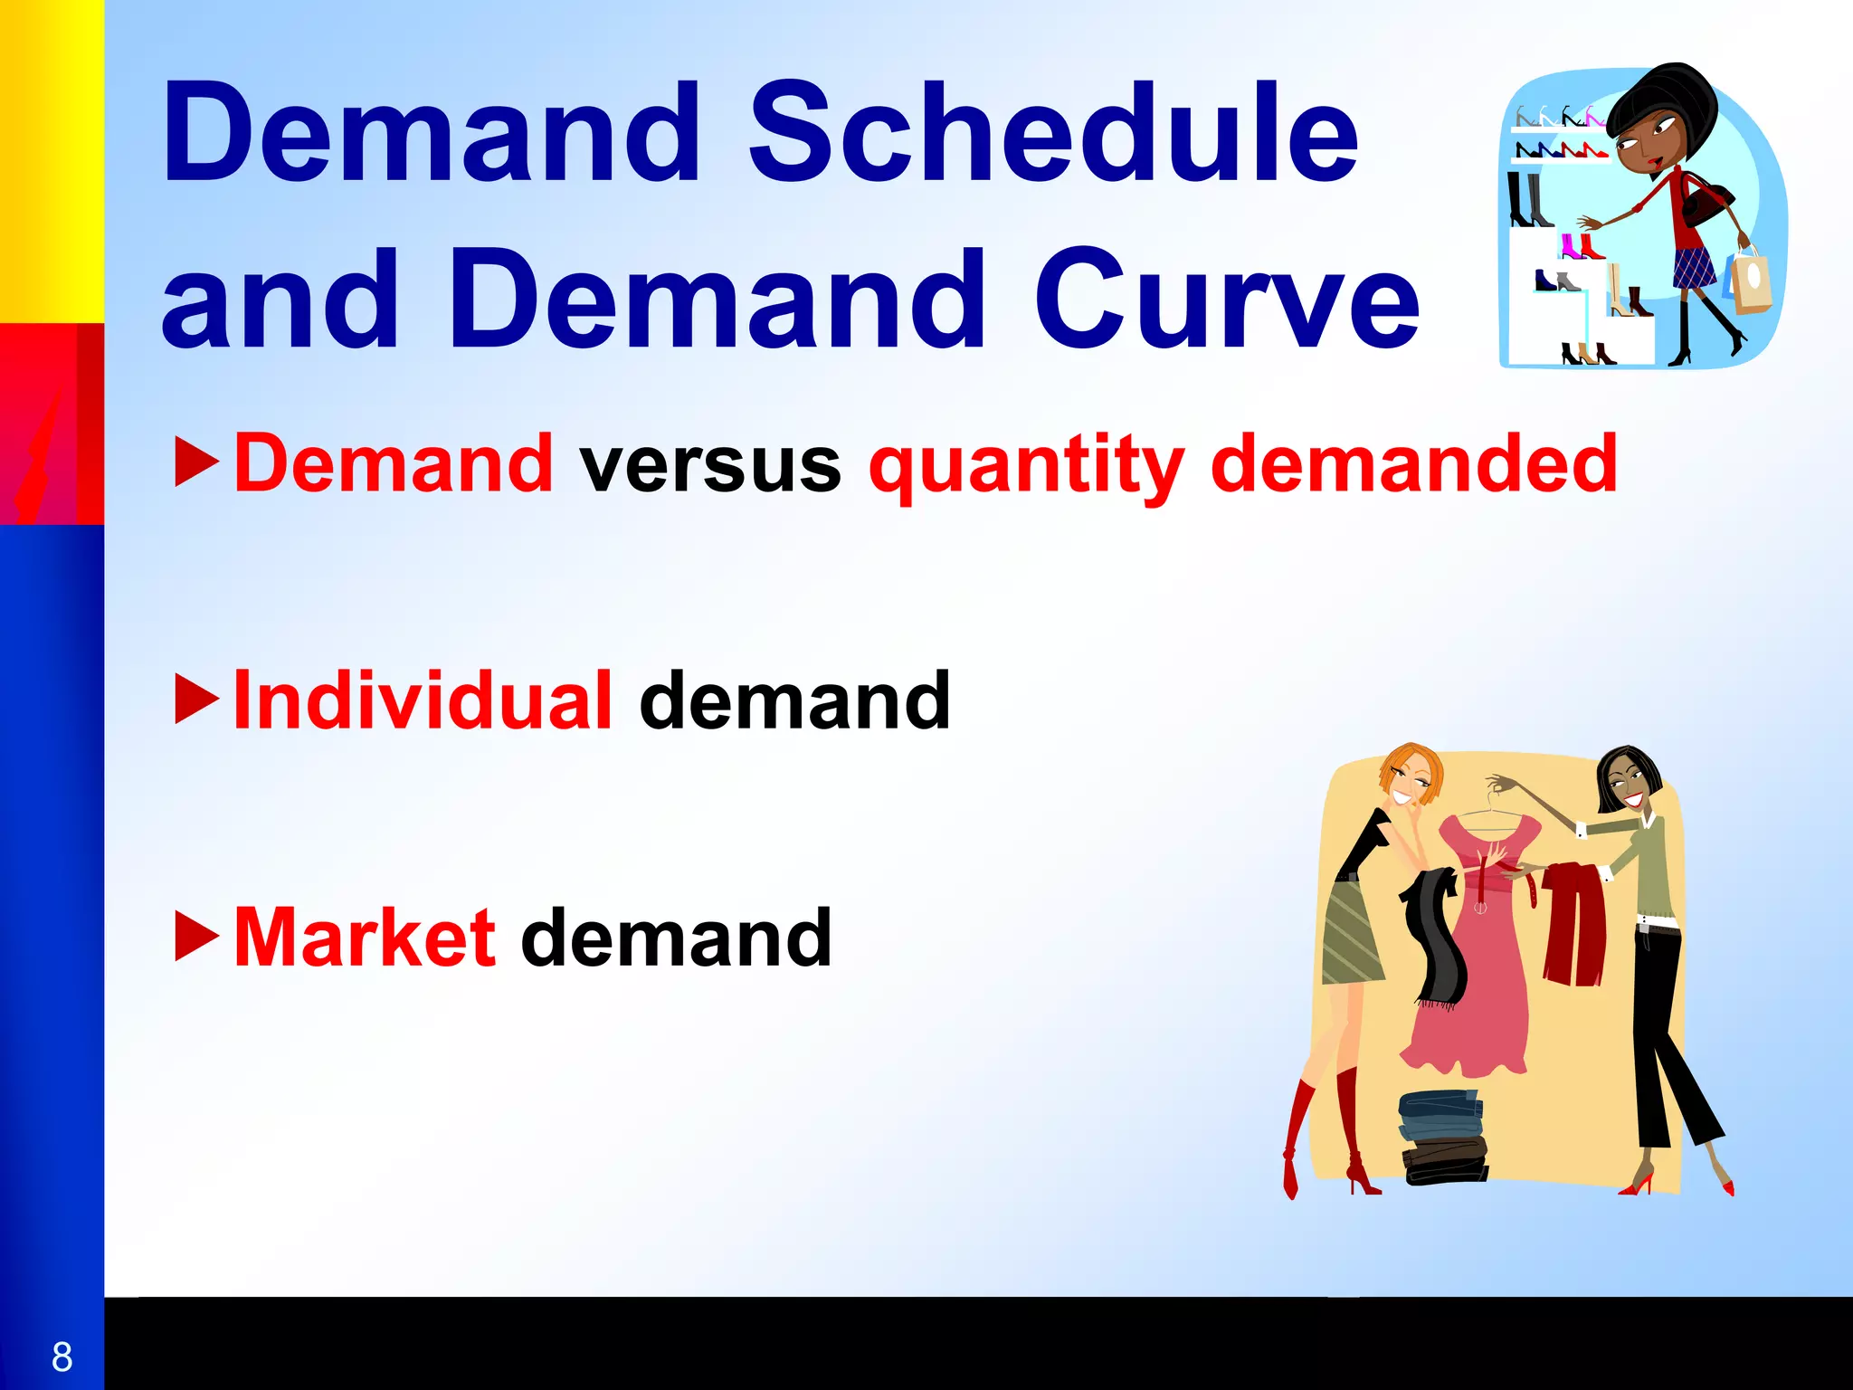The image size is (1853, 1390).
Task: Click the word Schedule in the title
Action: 1053,133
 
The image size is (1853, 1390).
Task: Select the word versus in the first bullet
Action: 711,465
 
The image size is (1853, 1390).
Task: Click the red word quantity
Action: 1026,465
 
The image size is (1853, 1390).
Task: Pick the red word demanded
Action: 1413,463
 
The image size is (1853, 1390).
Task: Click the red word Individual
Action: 423,701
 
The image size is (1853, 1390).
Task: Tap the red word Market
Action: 365,938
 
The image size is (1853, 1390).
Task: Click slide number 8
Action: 62,1357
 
